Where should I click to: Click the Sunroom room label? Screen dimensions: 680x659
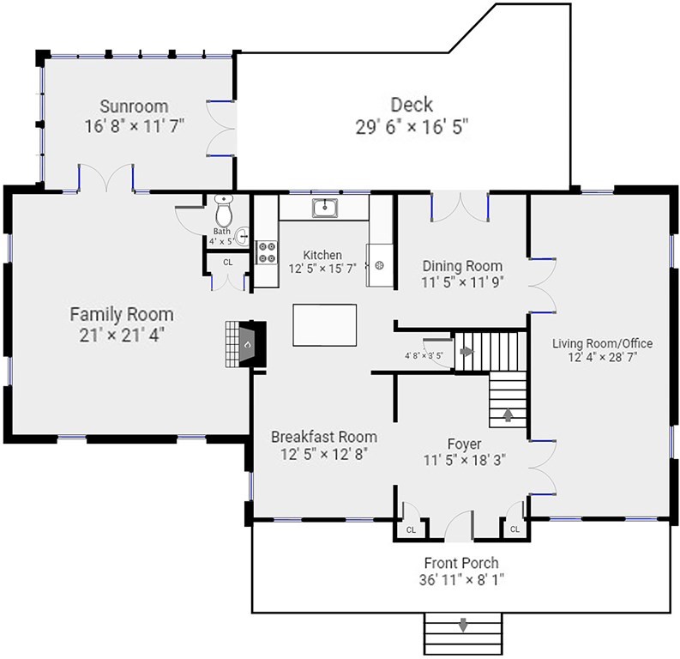click(x=134, y=106)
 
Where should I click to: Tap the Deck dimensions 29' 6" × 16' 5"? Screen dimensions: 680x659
click(x=412, y=127)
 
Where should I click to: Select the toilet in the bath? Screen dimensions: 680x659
click(x=224, y=210)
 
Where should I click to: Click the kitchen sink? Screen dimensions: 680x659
click(x=324, y=209)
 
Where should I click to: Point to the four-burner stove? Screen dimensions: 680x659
click(x=267, y=252)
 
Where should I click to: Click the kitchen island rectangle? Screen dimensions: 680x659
click(x=325, y=325)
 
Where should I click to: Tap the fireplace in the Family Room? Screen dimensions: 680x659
click(x=245, y=345)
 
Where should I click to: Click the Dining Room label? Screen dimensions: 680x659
click(x=462, y=265)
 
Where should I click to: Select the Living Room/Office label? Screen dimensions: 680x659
click(x=602, y=343)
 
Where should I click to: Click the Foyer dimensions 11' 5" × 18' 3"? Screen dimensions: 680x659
click(x=465, y=460)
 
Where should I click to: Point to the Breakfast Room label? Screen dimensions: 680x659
click(x=324, y=437)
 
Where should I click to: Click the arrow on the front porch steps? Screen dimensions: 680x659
click(x=463, y=626)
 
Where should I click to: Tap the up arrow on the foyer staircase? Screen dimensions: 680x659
click(x=508, y=414)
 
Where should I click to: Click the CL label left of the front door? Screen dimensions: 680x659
click(x=411, y=530)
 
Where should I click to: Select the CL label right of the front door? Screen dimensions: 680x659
click(x=515, y=529)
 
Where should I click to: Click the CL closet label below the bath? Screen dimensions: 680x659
click(x=228, y=263)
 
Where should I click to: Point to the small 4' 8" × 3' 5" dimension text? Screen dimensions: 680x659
click(x=424, y=356)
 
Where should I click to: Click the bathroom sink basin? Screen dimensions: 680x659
click(x=243, y=237)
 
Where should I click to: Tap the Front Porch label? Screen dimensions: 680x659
click(x=461, y=563)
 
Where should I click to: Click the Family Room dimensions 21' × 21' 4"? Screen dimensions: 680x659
click(x=122, y=335)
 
